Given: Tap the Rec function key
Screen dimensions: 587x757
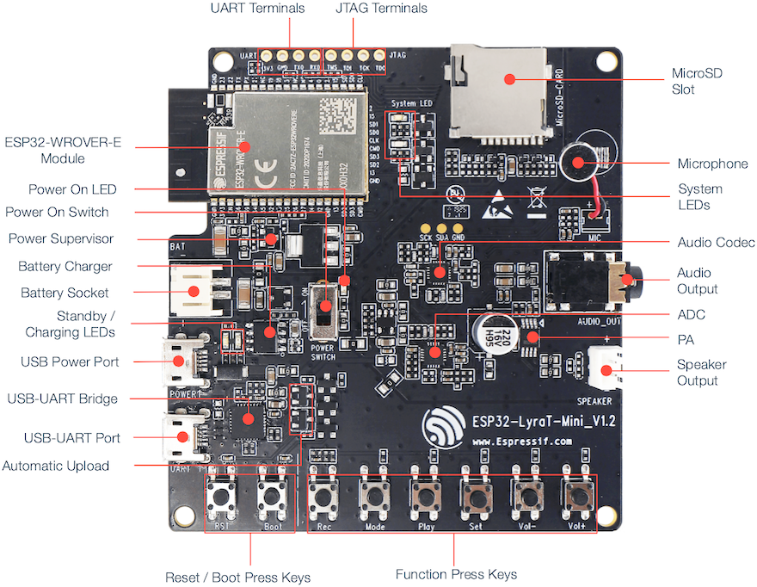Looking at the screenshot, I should [x=323, y=497].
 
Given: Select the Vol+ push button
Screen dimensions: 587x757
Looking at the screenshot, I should [x=576, y=497].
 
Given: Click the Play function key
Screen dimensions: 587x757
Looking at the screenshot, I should [x=425, y=497].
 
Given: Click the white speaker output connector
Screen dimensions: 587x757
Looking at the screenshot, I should [x=606, y=371].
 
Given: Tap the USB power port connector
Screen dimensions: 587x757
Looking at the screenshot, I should [x=182, y=361].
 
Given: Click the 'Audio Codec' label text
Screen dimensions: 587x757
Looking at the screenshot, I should [x=716, y=243].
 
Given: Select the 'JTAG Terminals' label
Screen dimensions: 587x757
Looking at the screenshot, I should [x=381, y=9].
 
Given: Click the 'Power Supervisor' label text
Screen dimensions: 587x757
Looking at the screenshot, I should [x=61, y=238].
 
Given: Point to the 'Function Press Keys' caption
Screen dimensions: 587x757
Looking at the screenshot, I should [x=456, y=574].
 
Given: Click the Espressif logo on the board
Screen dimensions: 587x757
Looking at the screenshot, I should [x=442, y=424].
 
